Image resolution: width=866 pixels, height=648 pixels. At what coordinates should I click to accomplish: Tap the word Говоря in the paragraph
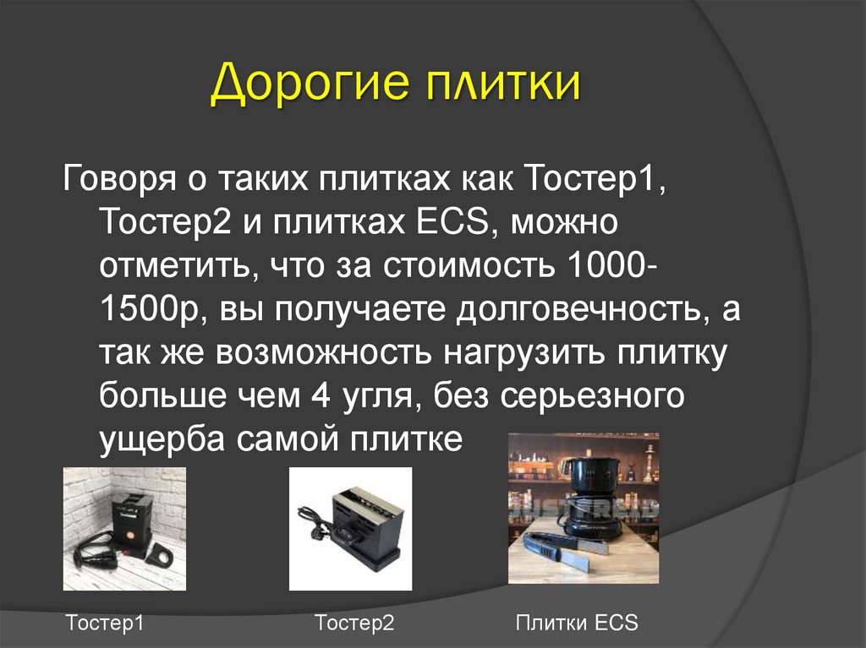point(119,181)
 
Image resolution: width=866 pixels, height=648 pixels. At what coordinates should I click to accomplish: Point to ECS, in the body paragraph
point(452,225)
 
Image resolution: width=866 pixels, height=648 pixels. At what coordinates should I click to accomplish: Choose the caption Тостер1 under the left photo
point(105,624)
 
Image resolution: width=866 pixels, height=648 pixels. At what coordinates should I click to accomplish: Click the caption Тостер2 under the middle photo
point(354,624)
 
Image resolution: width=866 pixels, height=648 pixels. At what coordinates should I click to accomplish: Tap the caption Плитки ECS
point(577,624)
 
